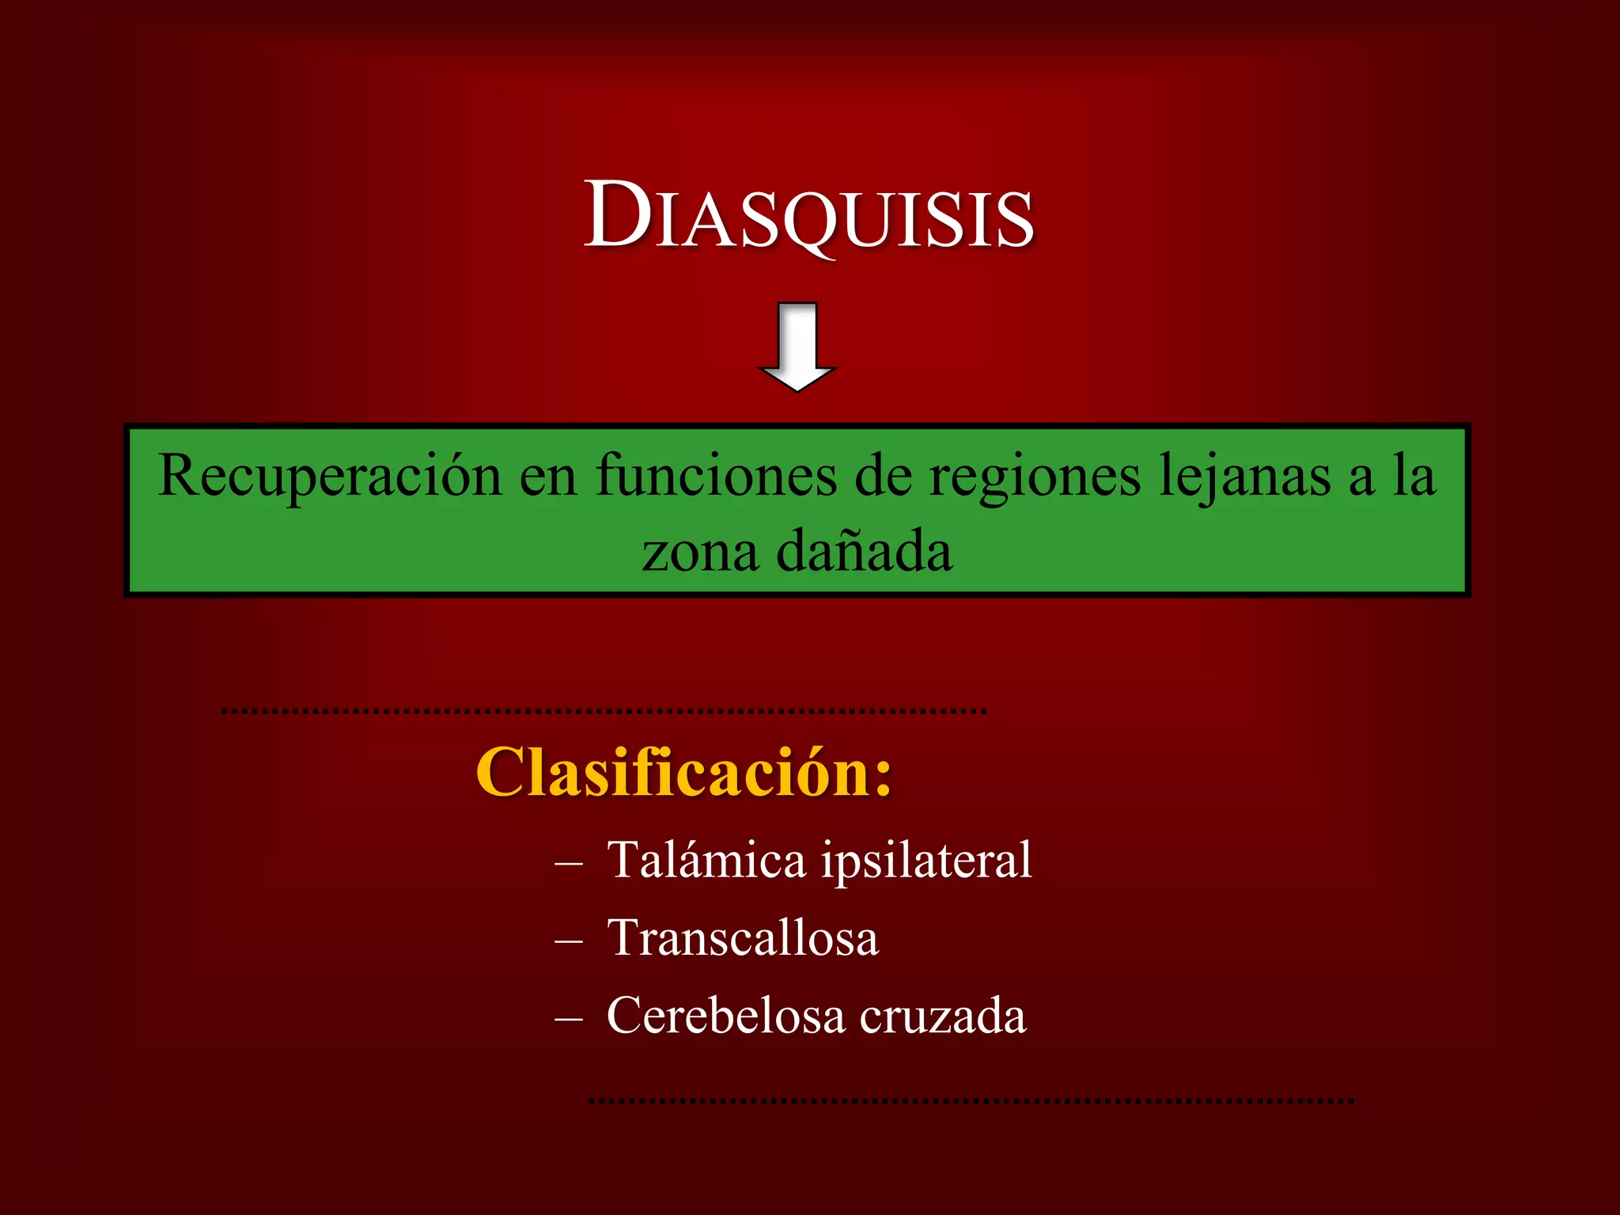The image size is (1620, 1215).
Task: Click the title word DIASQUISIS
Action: pyautogui.click(x=808, y=216)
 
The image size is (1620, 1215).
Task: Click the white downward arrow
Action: pyautogui.click(x=797, y=348)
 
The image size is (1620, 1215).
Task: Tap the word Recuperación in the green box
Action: pyautogui.click(x=330, y=476)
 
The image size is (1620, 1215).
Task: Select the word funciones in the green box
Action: pyautogui.click(x=716, y=476)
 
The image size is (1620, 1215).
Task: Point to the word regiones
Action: pyautogui.click(x=1035, y=476)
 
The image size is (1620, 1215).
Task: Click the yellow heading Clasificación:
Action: pyautogui.click(x=684, y=773)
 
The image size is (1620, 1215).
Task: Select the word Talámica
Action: pyautogui.click(x=706, y=860)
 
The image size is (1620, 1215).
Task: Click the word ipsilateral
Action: pyautogui.click(x=926, y=860)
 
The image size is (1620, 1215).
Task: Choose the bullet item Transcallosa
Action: pyautogui.click(x=743, y=938)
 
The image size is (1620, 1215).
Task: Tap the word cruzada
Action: pyautogui.click(x=943, y=1016)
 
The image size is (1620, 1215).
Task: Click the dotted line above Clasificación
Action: pyautogui.click(x=604, y=712)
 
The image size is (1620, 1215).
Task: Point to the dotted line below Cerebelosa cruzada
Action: pyautogui.click(x=971, y=1100)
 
